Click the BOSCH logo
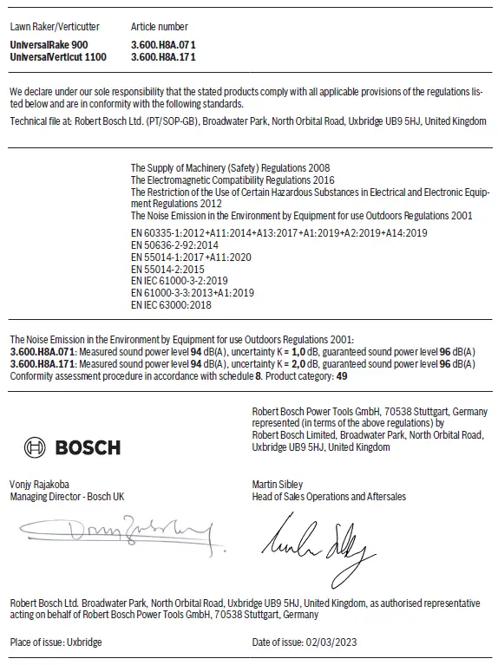click(x=73, y=447)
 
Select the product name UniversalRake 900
click(x=49, y=43)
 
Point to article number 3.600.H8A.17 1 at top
click(x=163, y=55)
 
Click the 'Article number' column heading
click(x=159, y=27)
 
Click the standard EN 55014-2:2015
click(x=167, y=270)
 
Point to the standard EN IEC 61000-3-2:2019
click(x=179, y=282)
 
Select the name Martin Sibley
click(x=278, y=485)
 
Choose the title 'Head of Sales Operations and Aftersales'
click(x=329, y=497)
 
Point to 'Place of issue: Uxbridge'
click(x=56, y=642)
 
